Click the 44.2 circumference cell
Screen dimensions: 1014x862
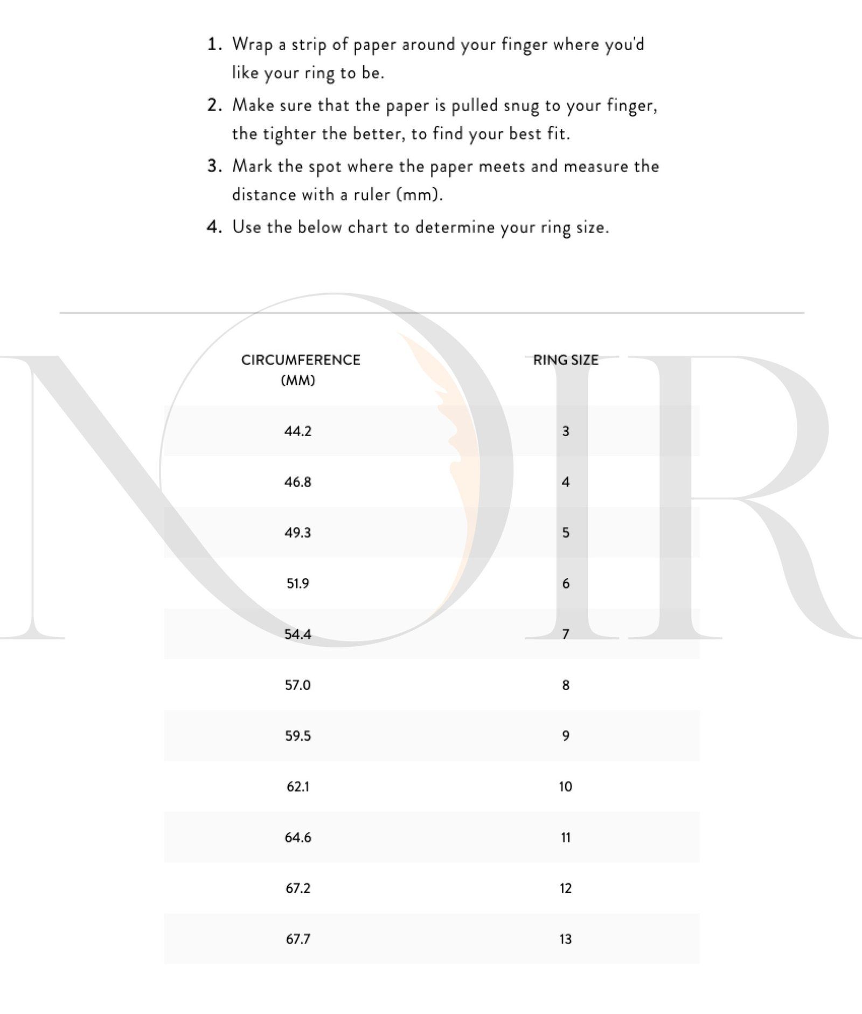[x=297, y=431]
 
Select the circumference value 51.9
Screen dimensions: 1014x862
[x=297, y=583]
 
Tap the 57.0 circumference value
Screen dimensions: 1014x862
[x=297, y=685]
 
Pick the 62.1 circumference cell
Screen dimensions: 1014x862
[x=297, y=787]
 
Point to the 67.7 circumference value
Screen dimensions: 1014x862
[x=297, y=939]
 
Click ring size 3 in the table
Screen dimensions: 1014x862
[x=565, y=431]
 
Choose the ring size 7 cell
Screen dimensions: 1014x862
[x=565, y=634]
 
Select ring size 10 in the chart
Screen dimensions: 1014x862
[x=565, y=787]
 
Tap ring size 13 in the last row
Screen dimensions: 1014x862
[x=565, y=939]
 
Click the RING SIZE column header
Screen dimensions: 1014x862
[x=565, y=360]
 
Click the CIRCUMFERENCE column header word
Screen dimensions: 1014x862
[x=301, y=360]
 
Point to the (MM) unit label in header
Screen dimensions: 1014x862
[x=297, y=381]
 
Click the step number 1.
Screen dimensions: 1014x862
[x=214, y=44]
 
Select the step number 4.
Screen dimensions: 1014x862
[x=214, y=227]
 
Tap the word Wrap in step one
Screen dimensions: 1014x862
[x=252, y=45]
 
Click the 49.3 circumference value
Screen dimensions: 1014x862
[x=297, y=533]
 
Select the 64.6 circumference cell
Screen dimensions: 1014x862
[x=297, y=837]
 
